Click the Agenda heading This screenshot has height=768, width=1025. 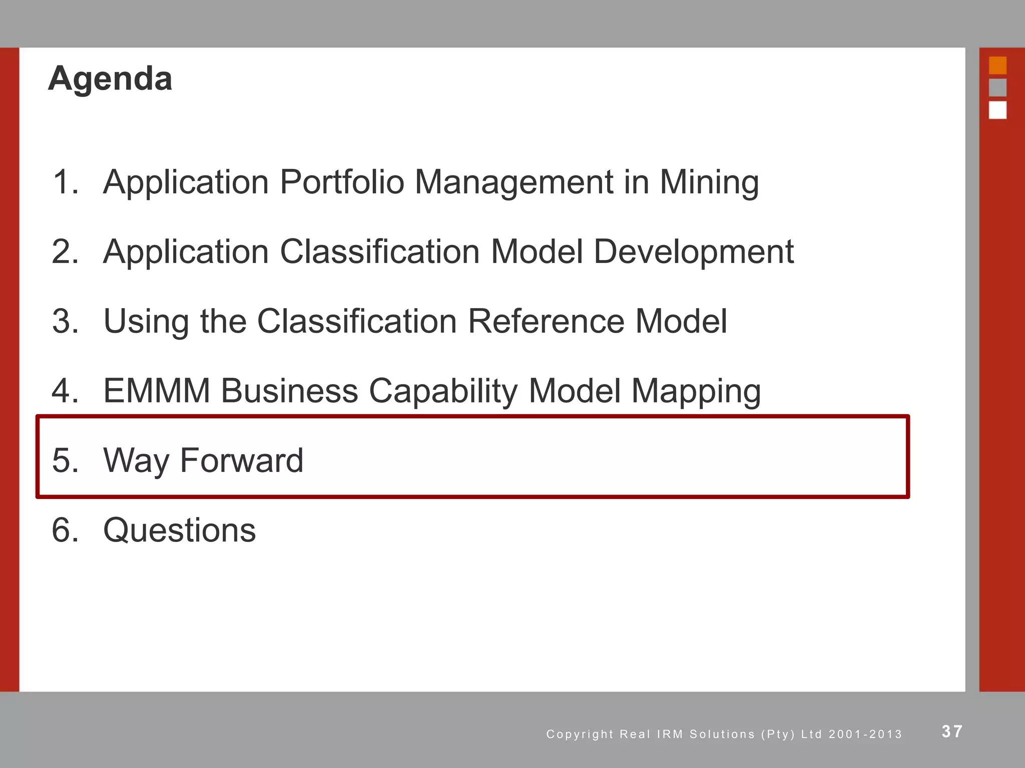110,79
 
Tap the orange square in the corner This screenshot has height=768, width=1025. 997,65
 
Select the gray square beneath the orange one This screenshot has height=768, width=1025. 997,87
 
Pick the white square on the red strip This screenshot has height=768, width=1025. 997,110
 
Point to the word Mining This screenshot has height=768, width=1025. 709,182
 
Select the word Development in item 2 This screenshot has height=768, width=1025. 694,251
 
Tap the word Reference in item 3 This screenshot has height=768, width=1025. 546,321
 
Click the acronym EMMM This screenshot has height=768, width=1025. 157,390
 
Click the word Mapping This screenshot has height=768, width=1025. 696,391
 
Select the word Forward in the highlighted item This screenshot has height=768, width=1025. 241,460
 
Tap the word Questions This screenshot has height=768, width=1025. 180,530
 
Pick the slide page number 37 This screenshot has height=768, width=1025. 952,731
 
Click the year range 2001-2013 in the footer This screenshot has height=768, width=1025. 865,734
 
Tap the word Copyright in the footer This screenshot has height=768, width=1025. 580,734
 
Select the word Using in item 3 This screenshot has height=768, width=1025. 146,321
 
